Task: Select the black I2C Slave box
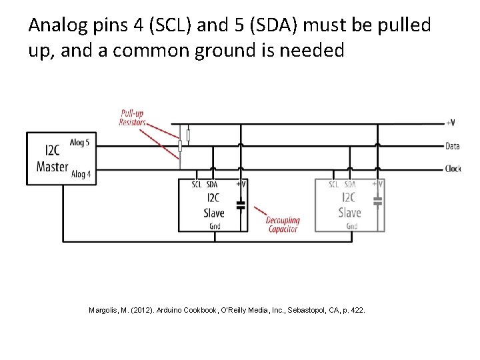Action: [x=213, y=205]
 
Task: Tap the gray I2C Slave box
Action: [x=349, y=205]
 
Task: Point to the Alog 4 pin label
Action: [x=81, y=174]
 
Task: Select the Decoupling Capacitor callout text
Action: [x=283, y=225]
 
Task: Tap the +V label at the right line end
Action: [x=451, y=123]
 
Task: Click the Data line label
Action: [x=452, y=146]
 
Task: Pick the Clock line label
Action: [x=453, y=169]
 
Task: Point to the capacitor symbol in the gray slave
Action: [x=377, y=199]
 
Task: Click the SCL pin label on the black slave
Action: [x=197, y=185]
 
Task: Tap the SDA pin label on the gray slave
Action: [x=349, y=185]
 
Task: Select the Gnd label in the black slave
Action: [x=215, y=227]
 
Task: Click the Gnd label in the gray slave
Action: [x=351, y=227]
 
